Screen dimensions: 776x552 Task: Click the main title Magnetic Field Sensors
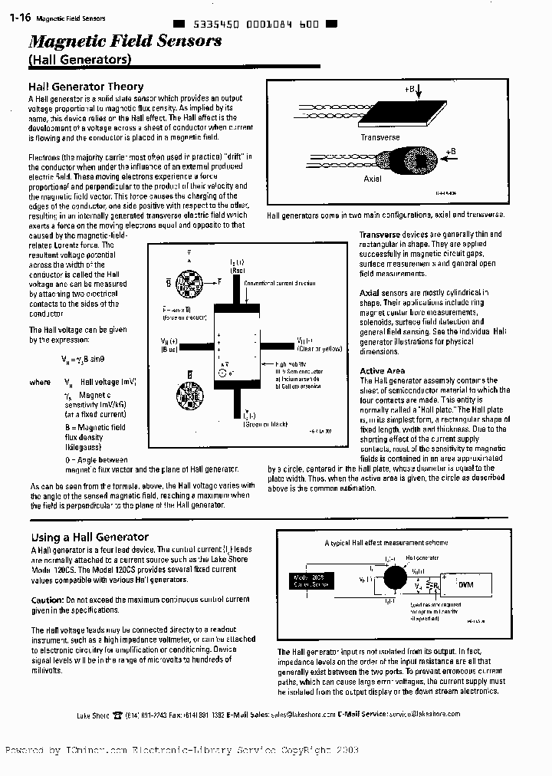(125, 41)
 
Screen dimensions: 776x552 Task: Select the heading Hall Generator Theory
(86, 87)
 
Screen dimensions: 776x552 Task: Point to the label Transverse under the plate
(379, 138)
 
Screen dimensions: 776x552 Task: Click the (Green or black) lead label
(265, 423)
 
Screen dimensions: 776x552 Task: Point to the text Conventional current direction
(280, 283)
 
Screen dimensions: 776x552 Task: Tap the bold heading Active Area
(382, 371)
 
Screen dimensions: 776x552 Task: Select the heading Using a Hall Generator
(90, 537)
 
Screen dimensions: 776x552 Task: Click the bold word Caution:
(47, 599)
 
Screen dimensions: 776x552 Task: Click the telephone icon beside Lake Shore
(117, 714)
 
